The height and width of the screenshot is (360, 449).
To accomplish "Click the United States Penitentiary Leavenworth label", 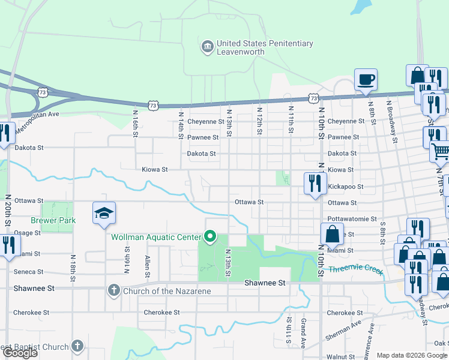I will pos(265,48).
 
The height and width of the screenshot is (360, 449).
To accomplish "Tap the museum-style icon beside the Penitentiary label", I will pos(207,46).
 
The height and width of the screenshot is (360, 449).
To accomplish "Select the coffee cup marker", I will pos(366,79).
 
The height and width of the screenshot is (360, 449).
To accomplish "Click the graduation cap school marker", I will pos(104,213).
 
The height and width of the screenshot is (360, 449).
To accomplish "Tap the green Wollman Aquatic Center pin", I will pos(209,238).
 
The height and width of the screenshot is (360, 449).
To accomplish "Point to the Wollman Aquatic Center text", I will pos(155,237).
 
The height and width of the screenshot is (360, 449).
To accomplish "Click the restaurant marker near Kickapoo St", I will pos(315,183).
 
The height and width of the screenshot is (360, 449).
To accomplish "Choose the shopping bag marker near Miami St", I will pos(332,235).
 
